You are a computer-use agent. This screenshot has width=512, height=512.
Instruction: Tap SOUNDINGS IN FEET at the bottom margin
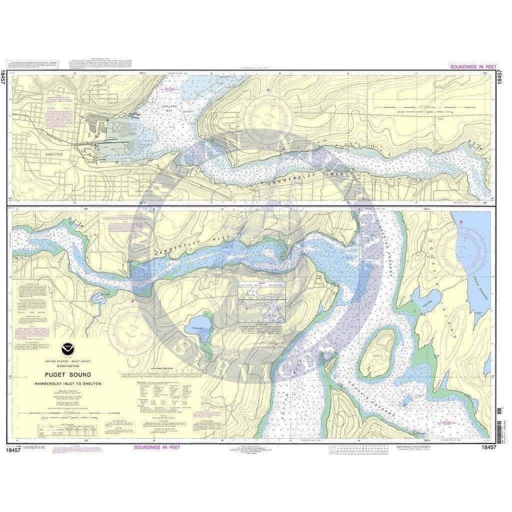(x=156, y=447)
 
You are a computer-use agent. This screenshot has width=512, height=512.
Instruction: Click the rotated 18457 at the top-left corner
(x=3, y=77)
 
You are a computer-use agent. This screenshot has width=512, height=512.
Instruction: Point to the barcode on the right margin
(x=499, y=417)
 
